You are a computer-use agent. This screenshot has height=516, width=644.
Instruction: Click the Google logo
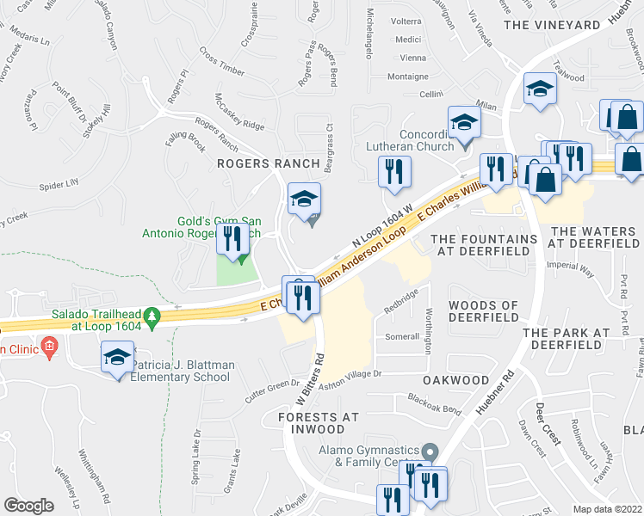pos(28,505)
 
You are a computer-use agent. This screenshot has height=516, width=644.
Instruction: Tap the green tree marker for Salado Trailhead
pos(152,318)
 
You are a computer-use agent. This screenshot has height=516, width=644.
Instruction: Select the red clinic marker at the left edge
pos(49,348)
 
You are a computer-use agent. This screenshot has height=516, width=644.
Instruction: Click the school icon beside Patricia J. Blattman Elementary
pos(117,359)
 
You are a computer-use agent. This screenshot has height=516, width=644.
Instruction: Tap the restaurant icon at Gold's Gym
pos(232,238)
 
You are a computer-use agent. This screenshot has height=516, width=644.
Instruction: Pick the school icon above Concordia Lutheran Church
pos(463,122)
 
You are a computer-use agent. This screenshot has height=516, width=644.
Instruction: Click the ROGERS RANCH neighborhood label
pos(268,163)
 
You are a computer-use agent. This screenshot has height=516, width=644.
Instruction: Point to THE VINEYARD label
pos(551,25)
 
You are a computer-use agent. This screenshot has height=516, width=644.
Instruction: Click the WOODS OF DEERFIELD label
pos(483,311)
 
